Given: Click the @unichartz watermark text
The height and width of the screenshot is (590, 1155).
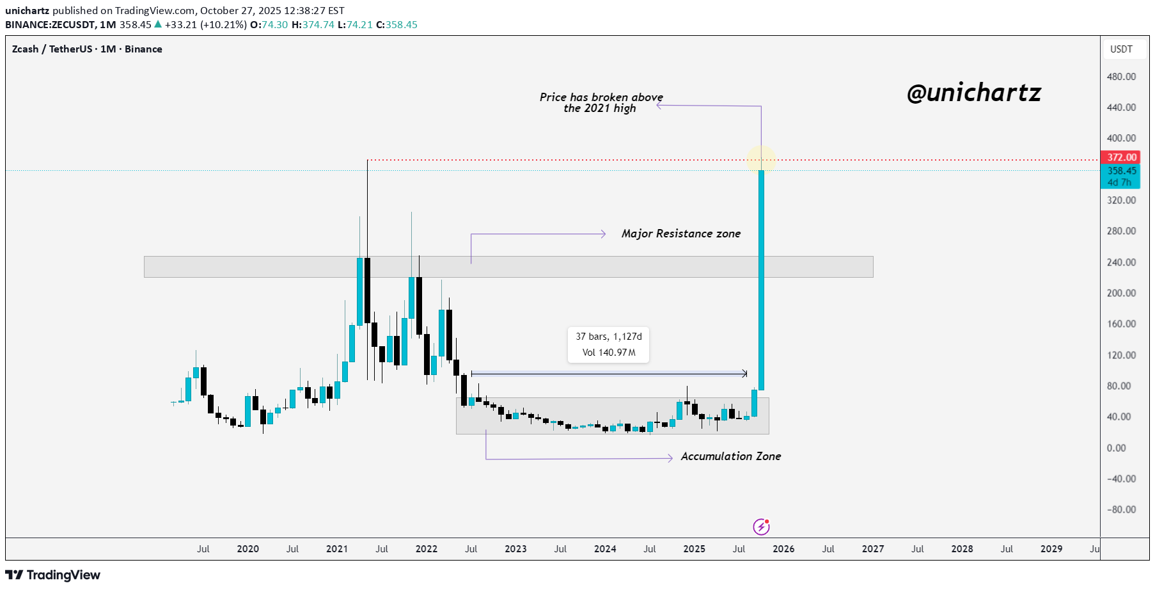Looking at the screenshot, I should pos(973,93).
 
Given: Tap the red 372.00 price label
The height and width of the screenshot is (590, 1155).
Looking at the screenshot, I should pos(1122,157).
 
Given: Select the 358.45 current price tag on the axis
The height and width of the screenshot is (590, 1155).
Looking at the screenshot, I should pos(1122,171).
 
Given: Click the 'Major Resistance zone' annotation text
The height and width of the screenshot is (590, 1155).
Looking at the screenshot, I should pos(680,234).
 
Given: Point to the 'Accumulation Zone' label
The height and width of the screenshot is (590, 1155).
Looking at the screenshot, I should pos(730,456).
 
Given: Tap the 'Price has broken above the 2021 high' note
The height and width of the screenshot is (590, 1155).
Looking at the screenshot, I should pos(601,102).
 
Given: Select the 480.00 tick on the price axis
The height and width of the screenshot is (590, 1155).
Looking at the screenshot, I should pos(1121,77).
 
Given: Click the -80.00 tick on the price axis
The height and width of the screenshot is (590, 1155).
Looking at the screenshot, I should pos(1121,510).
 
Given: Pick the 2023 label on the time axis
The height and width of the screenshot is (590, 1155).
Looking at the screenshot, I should pos(515,549).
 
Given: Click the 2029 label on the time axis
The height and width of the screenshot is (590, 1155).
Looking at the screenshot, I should pos(1051,549).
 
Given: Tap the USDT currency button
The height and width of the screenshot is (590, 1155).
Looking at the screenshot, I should pos(1121,49).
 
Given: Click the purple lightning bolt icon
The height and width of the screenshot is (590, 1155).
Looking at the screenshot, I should pos(761,527).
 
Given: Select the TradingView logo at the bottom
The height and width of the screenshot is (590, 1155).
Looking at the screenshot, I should pos(53,575).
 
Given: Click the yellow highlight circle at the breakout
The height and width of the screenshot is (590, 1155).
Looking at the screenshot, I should pos(761,159).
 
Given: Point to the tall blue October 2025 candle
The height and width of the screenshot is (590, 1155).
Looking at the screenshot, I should pos(761,282).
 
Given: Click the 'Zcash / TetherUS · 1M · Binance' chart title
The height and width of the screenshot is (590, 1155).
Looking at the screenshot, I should pos(87,49).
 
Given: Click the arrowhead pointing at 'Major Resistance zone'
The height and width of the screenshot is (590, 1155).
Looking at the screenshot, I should pos(603,234).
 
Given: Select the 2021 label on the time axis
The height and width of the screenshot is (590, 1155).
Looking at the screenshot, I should pos(337,549).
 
